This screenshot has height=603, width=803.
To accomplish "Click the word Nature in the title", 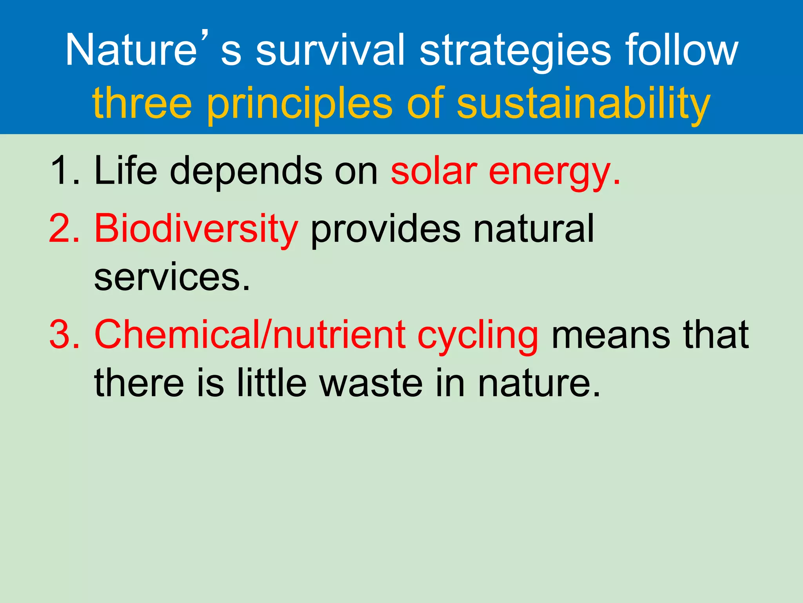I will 131,50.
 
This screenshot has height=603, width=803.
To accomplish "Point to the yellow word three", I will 142,103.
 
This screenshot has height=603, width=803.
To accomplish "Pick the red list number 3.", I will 64,334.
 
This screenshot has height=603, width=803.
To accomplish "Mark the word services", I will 171,277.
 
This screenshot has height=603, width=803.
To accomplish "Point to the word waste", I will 371,383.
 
